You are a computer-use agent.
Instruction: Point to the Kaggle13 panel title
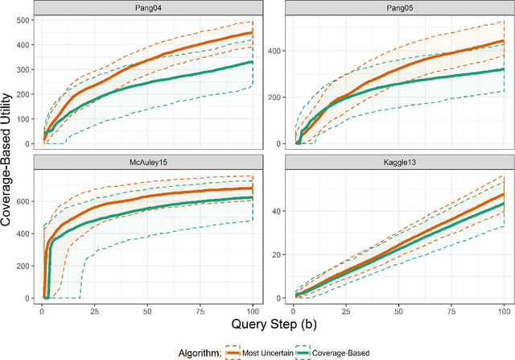[x=400, y=161]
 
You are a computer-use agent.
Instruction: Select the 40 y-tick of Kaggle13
[x=278, y=206]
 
